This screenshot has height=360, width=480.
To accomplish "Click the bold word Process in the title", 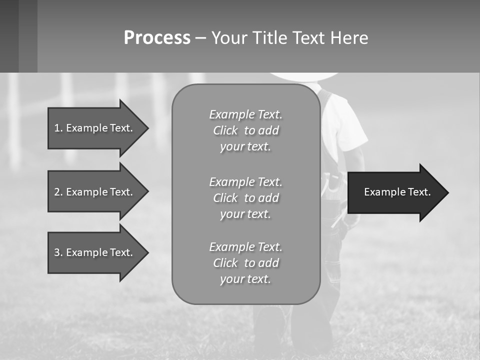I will pyautogui.click(x=157, y=38).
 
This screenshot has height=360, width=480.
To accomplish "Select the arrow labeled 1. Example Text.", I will pyautogui.click(x=95, y=128).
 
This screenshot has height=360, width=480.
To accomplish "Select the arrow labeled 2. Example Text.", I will pyautogui.click(x=95, y=192).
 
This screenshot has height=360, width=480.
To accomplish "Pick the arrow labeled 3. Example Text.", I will pyautogui.click(x=95, y=252).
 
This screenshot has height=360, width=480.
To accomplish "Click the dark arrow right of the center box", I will pyautogui.click(x=395, y=192).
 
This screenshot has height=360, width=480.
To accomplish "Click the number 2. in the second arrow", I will pyautogui.click(x=58, y=192).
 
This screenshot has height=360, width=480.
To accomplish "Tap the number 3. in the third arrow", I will pyautogui.click(x=58, y=252).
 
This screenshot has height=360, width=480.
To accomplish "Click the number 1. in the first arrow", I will pyautogui.click(x=58, y=128).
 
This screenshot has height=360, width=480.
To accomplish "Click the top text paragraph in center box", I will pyautogui.click(x=245, y=130).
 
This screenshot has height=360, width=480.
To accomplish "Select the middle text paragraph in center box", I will pyautogui.click(x=245, y=198).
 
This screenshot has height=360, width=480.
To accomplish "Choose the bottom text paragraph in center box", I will pyautogui.click(x=245, y=263).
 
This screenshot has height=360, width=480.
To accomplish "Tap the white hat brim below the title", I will pyautogui.click(x=303, y=76).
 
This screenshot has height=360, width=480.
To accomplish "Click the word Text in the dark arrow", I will pyautogui.click(x=419, y=192).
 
